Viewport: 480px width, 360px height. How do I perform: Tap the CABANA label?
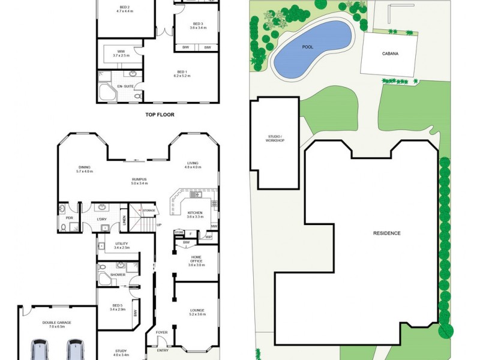(x=390, y=53)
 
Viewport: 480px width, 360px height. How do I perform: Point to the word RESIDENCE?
(x=386, y=233)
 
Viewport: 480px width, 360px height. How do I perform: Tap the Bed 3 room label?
(x=197, y=24)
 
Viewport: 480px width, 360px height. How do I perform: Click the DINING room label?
(x=85, y=168)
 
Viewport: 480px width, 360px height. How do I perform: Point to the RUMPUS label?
(x=140, y=179)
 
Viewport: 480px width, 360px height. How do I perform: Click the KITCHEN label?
(x=194, y=213)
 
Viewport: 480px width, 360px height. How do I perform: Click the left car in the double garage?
(x=40, y=350)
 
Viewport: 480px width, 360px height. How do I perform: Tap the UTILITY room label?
(x=122, y=244)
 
